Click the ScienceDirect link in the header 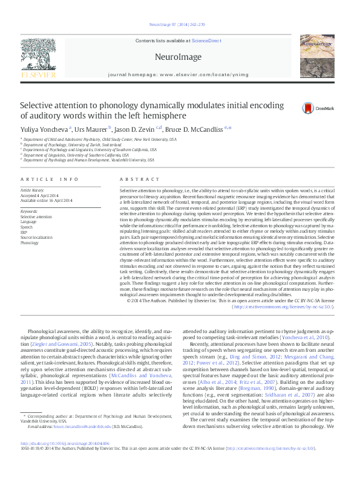point(205,40)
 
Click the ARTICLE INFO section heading point(50,180)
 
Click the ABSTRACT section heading point(136,180)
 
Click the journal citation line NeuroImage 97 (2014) point(176,25)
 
